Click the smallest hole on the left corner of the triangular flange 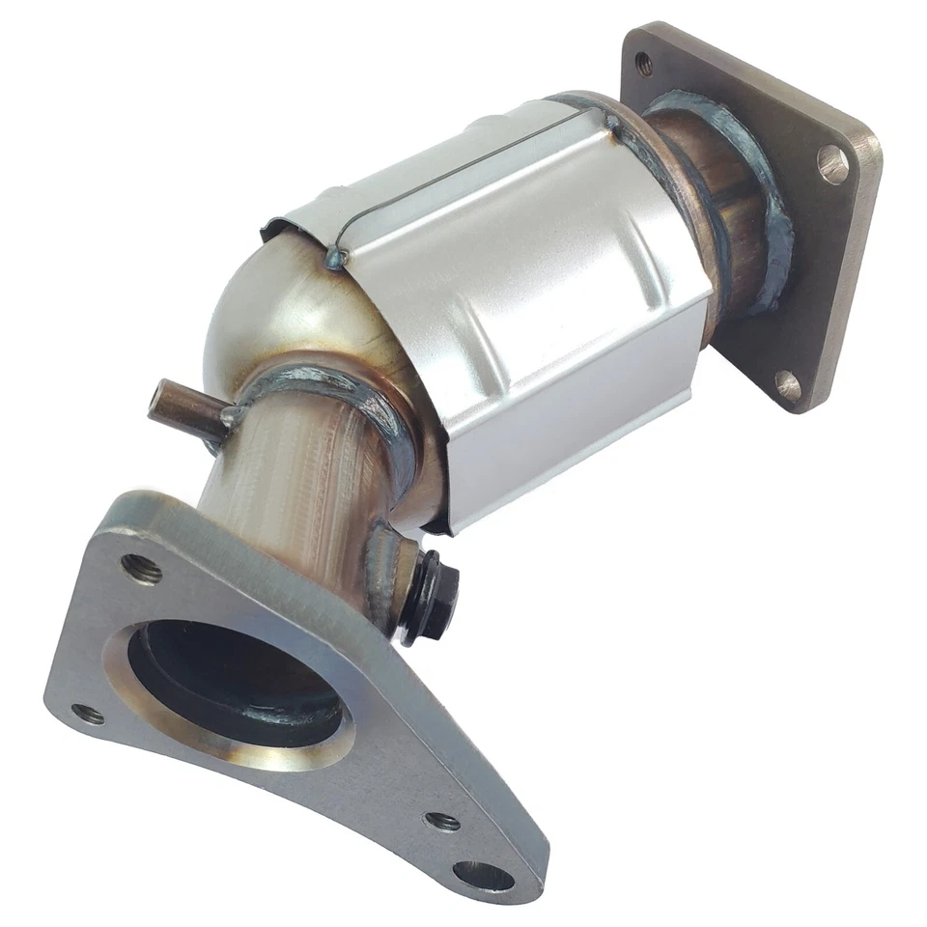88,715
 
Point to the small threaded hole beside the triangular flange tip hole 443,822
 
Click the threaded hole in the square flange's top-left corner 645,65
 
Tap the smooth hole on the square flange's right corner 832,163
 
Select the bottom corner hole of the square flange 789,385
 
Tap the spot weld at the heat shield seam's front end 335,256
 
